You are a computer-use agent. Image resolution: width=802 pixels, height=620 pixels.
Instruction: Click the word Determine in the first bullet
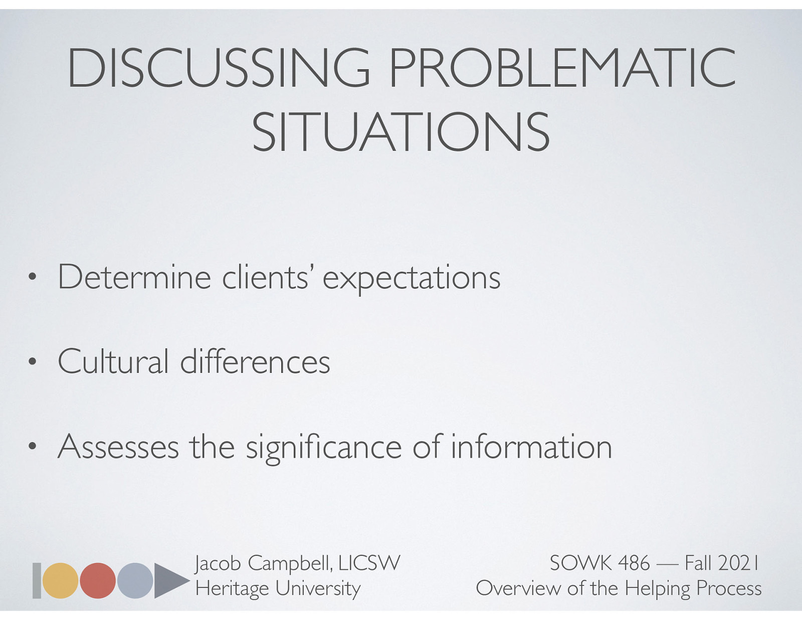coord(134,277)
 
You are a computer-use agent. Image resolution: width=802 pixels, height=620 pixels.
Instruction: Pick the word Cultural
coord(113,361)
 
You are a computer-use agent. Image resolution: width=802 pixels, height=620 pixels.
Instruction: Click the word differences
coord(255,361)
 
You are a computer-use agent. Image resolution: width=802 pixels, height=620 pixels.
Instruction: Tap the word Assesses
coord(118,447)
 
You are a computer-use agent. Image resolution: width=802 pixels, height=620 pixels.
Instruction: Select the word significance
coord(323,448)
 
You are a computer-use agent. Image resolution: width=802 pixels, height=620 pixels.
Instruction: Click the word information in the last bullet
coord(531,447)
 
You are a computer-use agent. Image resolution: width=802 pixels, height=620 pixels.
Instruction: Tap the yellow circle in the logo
coord(60,580)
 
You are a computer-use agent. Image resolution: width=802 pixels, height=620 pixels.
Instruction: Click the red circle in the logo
coord(98,580)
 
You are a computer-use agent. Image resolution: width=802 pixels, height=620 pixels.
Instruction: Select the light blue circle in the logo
coord(135,580)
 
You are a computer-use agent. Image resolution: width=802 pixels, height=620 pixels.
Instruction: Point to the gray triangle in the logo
coord(168,580)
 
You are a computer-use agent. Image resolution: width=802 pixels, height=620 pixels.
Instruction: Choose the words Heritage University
coord(278,588)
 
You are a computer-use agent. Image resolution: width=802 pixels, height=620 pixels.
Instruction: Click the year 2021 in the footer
coord(738,563)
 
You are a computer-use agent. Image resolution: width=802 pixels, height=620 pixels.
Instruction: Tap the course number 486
coord(634,563)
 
